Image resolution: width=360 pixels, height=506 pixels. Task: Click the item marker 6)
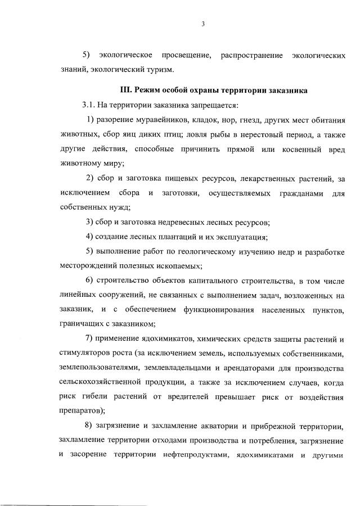pos(89,281)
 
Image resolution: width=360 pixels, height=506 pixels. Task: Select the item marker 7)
pos(89,339)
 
